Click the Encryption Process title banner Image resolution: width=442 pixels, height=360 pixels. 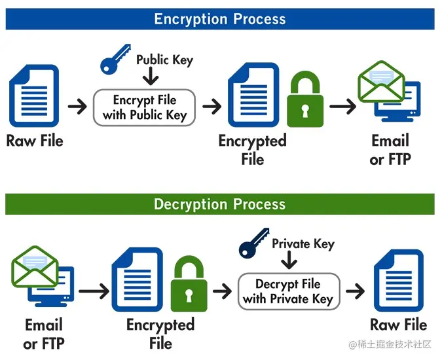pyautogui.click(x=220, y=18)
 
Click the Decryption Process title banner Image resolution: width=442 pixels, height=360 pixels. pyautogui.click(x=220, y=204)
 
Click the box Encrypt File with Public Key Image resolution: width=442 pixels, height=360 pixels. pyautogui.click(x=145, y=107)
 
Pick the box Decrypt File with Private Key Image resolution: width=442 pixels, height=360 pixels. pyautogui.click(x=288, y=292)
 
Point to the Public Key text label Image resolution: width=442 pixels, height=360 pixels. pyautogui.click(x=164, y=60)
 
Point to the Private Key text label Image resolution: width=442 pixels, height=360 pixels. pyautogui.click(x=303, y=244)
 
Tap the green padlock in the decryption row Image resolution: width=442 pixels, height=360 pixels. pyautogui.click(x=189, y=287)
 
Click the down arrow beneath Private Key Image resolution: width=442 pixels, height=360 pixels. pyautogui.click(x=288, y=262)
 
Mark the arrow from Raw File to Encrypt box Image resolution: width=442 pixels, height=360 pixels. pyautogui.click(x=77, y=106)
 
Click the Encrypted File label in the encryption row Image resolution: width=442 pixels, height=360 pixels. pyautogui.click(x=252, y=149)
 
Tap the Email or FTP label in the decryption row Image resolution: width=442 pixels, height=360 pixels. pyautogui.click(x=44, y=334)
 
